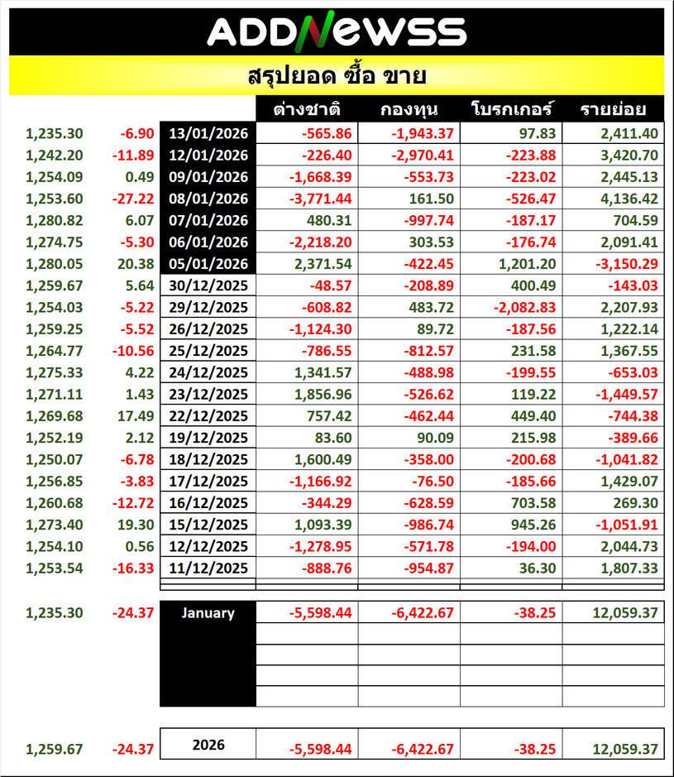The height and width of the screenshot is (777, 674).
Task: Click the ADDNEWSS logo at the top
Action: pyautogui.click(x=337, y=31)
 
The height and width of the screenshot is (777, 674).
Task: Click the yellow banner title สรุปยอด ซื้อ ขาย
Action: pyautogui.click(x=337, y=77)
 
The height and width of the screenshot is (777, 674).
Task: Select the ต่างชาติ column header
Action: pyautogui.click(x=308, y=109)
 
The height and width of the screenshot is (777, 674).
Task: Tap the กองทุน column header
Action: pyautogui.click(x=409, y=109)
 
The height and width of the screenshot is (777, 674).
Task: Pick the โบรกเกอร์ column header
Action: pyautogui.click(x=511, y=109)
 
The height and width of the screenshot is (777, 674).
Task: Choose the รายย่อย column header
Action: pyautogui.click(x=613, y=109)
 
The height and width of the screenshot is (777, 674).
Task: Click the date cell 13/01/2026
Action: pyautogui.click(x=208, y=133)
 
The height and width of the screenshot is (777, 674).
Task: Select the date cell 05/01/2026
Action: pyautogui.click(x=208, y=263)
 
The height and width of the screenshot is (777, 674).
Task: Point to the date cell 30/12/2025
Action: pyautogui.click(x=208, y=285)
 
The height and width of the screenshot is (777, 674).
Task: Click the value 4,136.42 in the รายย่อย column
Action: pyautogui.click(x=625, y=199)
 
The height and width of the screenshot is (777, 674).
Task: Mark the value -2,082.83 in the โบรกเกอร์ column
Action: pyautogui.click(x=523, y=307)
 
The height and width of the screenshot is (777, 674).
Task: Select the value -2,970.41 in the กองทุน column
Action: pyautogui.click(x=422, y=155)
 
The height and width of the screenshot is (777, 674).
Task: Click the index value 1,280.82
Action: pyautogui.click(x=55, y=220)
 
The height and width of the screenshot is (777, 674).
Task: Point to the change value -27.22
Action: pyautogui.click(x=136, y=199)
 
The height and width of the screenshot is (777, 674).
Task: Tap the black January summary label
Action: pyautogui.click(x=208, y=613)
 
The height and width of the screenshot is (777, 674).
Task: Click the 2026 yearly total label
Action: pyautogui.click(x=208, y=745)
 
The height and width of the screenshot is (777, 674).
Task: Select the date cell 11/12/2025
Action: pyautogui.click(x=208, y=568)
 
